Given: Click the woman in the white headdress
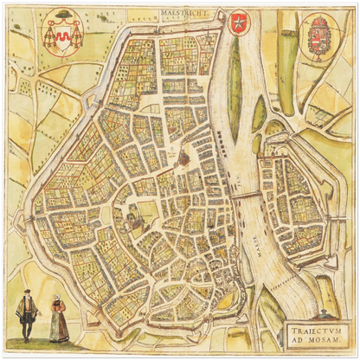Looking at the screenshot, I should point(58,318).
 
